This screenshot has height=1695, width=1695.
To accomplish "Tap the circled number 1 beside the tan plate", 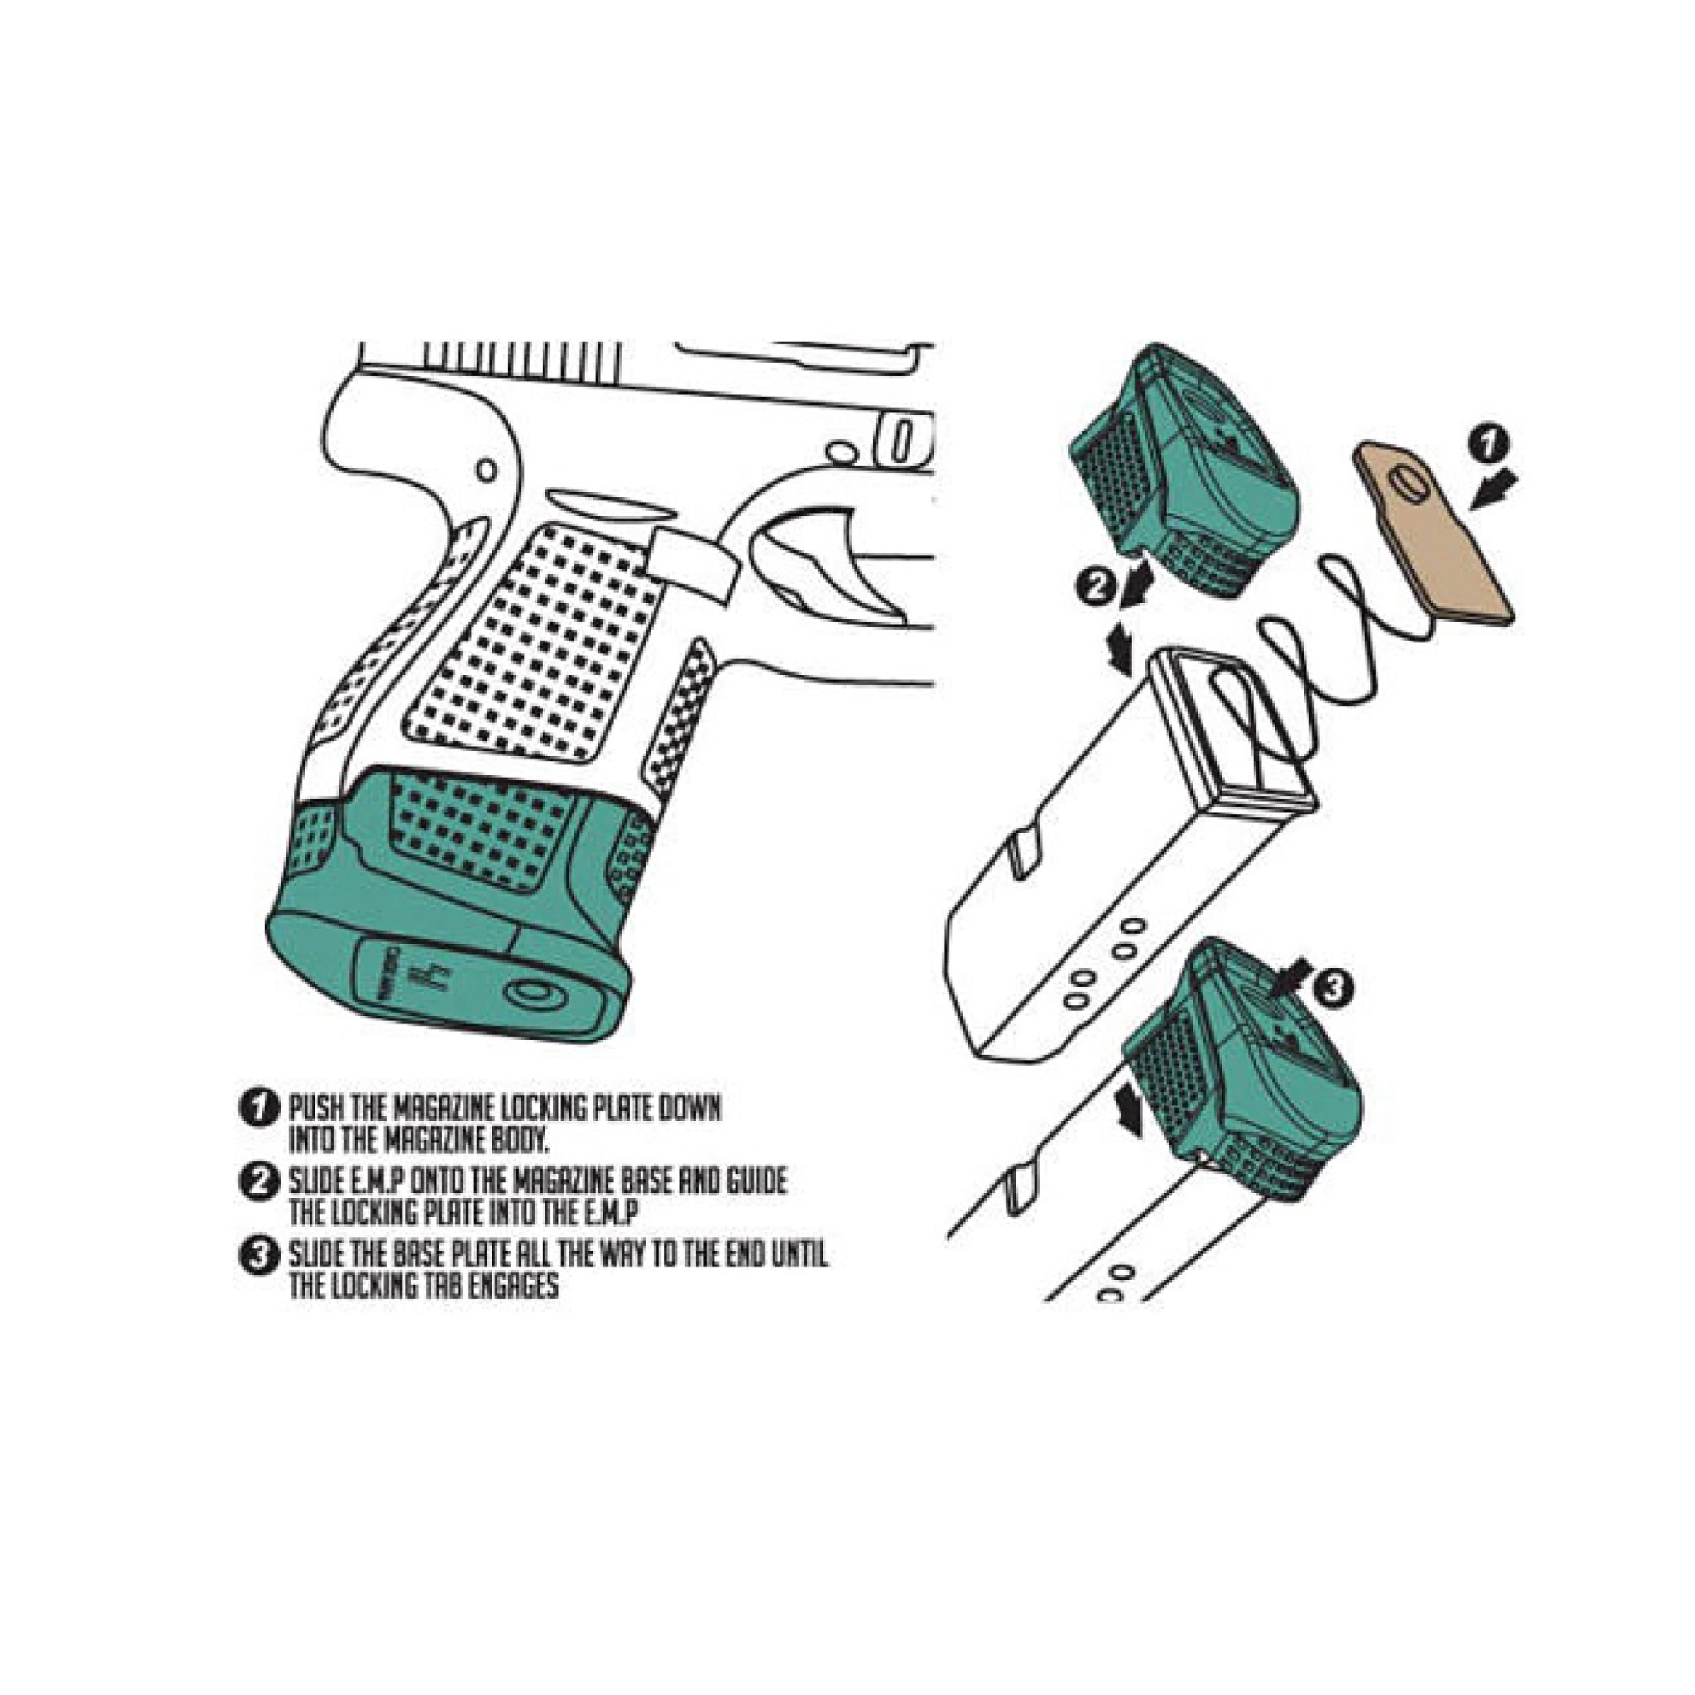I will tap(1489, 444).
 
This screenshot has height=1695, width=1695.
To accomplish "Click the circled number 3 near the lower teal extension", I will tap(1332, 990).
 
